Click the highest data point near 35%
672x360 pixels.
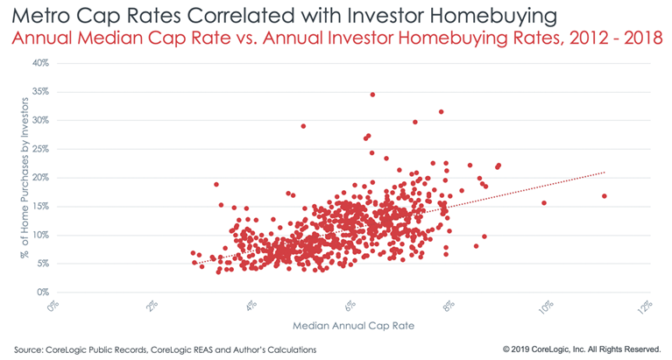click(x=372, y=95)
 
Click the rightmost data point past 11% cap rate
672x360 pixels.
click(x=605, y=196)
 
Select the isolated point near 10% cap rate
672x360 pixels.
click(x=544, y=202)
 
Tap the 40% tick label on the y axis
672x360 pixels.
click(x=40, y=63)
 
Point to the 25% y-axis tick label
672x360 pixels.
click(x=40, y=149)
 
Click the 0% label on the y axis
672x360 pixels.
click(x=43, y=293)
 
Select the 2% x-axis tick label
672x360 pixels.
click(x=152, y=307)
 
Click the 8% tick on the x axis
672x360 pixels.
click(x=449, y=307)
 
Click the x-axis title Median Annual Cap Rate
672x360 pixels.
click(x=354, y=326)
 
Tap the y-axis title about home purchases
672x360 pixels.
click(x=25, y=178)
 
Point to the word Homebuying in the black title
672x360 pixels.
click(x=493, y=17)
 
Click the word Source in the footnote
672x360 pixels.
click(x=28, y=349)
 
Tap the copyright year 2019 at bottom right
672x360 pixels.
click(x=520, y=349)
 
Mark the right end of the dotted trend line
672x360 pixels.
click(x=605, y=173)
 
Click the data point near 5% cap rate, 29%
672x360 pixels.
click(x=303, y=126)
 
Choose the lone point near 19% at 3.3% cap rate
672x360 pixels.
click(x=216, y=184)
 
